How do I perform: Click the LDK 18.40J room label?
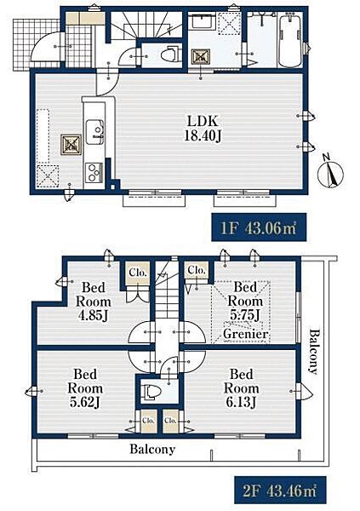[x=203, y=128]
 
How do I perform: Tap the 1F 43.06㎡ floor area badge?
[x=259, y=227]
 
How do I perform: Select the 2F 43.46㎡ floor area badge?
[x=280, y=491]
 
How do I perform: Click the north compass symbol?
[x=331, y=173]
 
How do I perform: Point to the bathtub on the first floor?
[x=291, y=40]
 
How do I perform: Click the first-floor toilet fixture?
[x=171, y=54]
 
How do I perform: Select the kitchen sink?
[x=94, y=132]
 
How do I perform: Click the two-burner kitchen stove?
[x=94, y=172]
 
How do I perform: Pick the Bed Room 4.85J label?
[x=94, y=301]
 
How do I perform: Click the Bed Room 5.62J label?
[x=85, y=388]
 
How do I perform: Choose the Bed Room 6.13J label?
[x=241, y=388]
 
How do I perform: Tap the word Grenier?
[x=246, y=334]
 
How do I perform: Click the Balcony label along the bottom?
[x=152, y=449]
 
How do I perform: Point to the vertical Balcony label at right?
[x=314, y=352]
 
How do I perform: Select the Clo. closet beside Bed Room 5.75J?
[x=197, y=270]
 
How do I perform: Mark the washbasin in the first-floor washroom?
[x=202, y=22]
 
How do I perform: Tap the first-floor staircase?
[x=146, y=26]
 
